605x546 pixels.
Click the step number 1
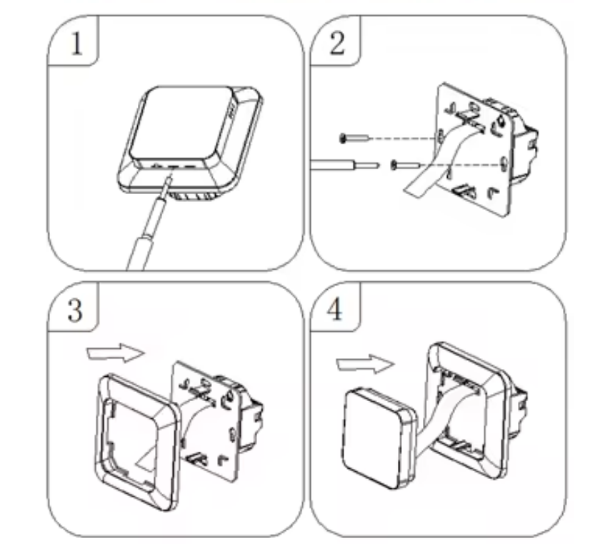[76, 43]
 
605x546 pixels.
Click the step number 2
[336, 43]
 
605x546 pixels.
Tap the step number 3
[75, 310]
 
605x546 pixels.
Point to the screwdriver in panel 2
[344, 166]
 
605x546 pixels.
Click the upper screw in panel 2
[354, 138]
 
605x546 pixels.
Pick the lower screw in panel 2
[405, 165]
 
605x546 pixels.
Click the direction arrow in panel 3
[116, 353]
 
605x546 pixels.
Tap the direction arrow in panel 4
[365, 363]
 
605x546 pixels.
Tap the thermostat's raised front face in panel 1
[181, 124]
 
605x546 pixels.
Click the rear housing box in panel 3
[251, 415]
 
